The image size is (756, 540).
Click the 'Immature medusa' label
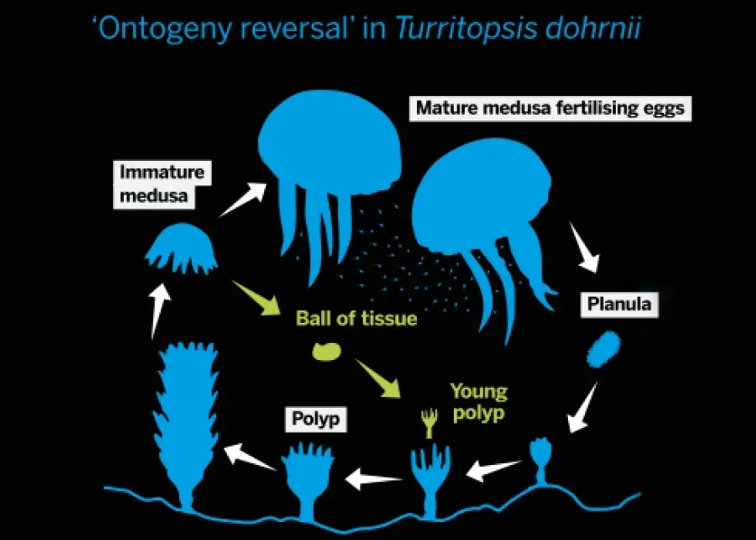click(x=162, y=184)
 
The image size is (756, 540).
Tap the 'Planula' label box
click(x=619, y=304)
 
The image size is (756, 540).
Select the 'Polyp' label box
click(x=316, y=419)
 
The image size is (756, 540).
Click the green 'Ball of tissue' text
click(x=356, y=319)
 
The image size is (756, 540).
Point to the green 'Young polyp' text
click(x=478, y=402)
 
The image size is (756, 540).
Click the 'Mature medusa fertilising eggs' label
click(x=550, y=108)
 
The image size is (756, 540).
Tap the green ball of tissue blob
click(x=327, y=352)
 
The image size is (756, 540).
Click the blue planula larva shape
click(x=603, y=349)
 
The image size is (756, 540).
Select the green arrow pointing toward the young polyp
click(x=378, y=379)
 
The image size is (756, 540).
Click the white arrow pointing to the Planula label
click(x=585, y=248)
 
